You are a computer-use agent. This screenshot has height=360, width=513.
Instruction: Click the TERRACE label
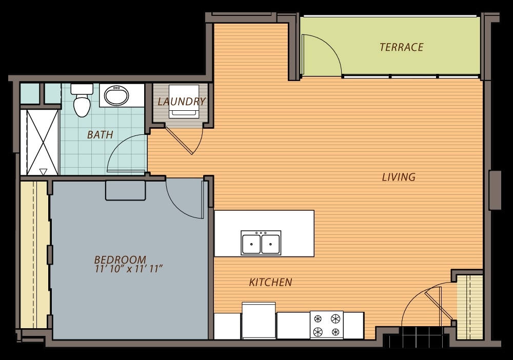(x=402, y=47)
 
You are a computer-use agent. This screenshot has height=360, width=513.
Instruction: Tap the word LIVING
(x=399, y=177)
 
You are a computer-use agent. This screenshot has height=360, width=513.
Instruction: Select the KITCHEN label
(x=270, y=282)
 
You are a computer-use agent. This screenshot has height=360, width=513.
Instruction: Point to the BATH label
(x=100, y=134)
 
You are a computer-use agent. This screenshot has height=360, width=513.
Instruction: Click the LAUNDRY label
(x=182, y=102)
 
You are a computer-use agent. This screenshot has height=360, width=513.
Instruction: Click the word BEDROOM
(x=120, y=259)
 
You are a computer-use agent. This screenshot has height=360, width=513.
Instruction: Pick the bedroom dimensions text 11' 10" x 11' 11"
(x=129, y=269)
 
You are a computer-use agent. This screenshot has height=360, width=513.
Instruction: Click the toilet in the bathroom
(x=82, y=100)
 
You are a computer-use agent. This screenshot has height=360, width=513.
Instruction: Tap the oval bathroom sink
(x=116, y=95)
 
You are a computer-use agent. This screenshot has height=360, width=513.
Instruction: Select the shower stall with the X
(x=43, y=143)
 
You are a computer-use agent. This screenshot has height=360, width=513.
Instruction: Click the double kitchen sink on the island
(x=261, y=243)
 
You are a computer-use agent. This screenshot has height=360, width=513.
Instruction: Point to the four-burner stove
(x=326, y=325)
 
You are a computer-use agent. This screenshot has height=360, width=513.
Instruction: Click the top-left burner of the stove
(x=318, y=318)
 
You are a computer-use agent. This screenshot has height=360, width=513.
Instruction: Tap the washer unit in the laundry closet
(x=184, y=101)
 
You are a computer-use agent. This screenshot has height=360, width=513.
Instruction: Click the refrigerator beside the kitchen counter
(x=259, y=321)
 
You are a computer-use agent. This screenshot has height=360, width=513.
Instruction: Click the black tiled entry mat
(x=419, y=337)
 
